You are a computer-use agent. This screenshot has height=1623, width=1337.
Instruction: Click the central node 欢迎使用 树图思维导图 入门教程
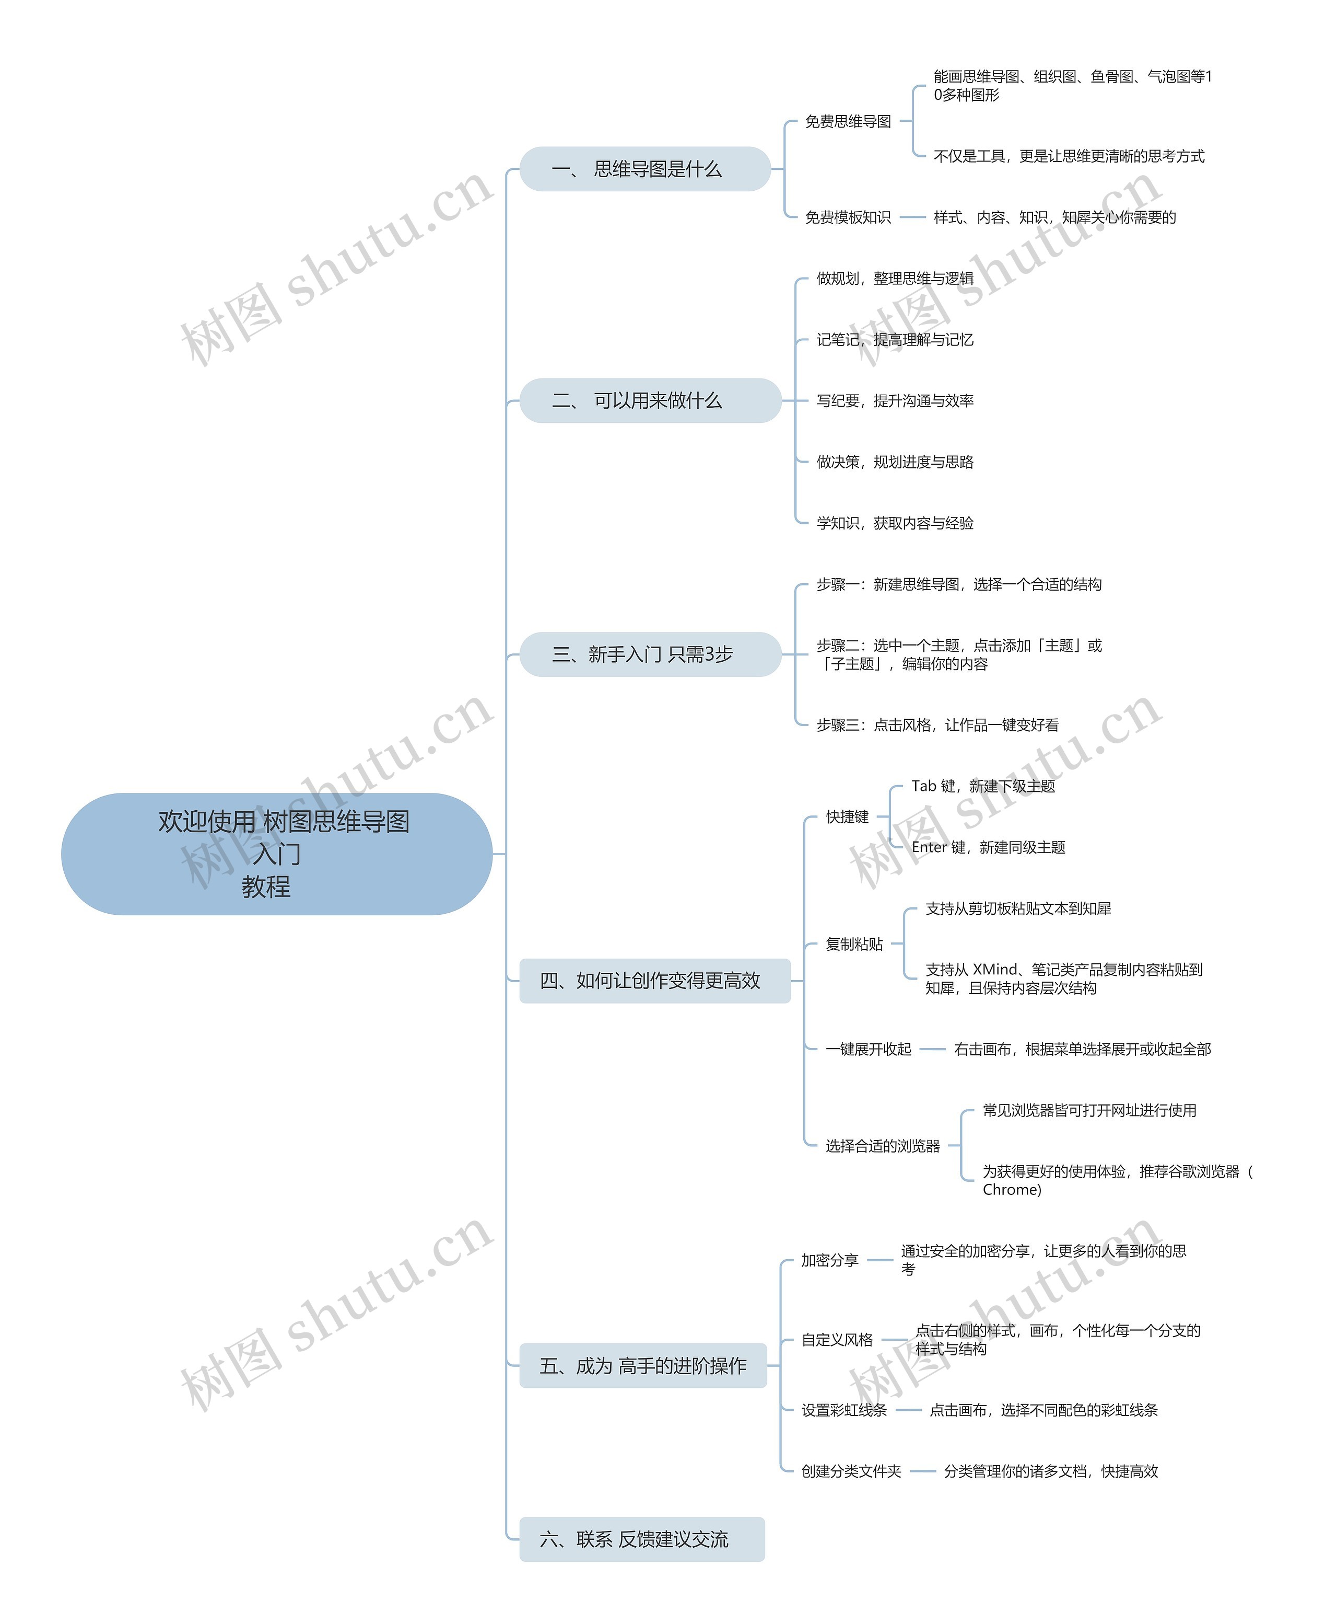276,854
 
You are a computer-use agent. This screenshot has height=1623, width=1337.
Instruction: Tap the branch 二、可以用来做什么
650,401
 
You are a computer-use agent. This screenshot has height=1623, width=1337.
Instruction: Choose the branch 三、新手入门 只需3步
650,654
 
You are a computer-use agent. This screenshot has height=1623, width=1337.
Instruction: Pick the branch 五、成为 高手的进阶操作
642,1366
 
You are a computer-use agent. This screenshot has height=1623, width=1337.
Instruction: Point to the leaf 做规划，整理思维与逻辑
895,278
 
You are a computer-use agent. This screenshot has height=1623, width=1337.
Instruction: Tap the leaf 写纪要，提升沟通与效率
895,401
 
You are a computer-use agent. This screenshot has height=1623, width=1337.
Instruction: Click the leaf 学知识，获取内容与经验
895,523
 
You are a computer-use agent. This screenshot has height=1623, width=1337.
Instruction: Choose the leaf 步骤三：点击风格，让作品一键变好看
937,725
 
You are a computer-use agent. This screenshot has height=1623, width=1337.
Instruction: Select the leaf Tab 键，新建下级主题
983,786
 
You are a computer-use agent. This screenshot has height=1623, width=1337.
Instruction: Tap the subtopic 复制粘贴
854,944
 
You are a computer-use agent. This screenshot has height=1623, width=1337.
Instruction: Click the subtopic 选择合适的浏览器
883,1146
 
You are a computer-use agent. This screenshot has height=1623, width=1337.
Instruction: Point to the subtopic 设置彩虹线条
844,1410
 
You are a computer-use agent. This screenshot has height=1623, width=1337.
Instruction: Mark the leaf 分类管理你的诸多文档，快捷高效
1050,1471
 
